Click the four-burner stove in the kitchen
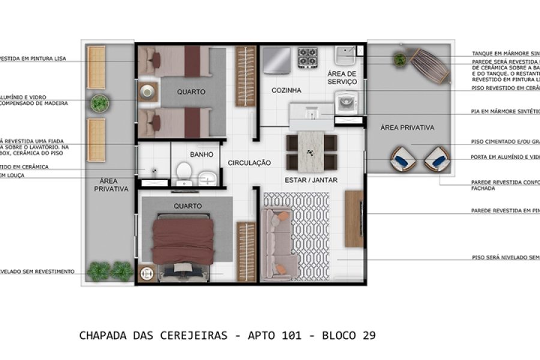[308, 58]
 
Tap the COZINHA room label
[286, 91]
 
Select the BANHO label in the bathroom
[202, 154]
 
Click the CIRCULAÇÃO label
[249, 163]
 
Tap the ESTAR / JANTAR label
[311, 179]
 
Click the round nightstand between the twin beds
[147, 91]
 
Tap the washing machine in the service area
[346, 102]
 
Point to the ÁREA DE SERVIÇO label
[343, 77]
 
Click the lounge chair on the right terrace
[430, 65]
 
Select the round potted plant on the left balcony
[100, 103]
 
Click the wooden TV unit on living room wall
[354, 218]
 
